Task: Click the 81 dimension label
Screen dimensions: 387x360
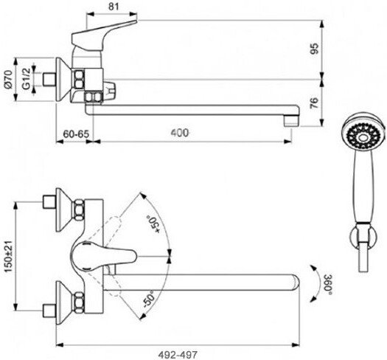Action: tap(114, 7)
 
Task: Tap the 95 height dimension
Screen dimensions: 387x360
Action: tap(315, 49)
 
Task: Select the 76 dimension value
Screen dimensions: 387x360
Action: tap(315, 104)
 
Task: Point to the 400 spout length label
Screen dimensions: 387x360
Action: tap(180, 133)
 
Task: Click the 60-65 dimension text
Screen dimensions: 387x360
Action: tap(76, 134)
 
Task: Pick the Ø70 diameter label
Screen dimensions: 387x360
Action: tap(8, 79)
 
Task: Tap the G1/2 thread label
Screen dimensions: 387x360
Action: tap(26, 79)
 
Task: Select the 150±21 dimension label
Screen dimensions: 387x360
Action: tap(9, 256)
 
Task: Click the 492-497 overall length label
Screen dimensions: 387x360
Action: tap(178, 355)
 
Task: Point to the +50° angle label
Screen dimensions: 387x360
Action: tap(153, 224)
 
